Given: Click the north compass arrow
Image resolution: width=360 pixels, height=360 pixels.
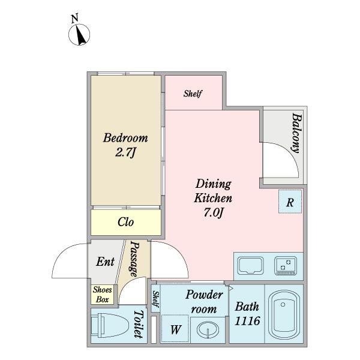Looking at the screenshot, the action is coord(81,36).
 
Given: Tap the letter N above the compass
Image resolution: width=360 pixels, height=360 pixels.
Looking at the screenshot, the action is coord(74,19).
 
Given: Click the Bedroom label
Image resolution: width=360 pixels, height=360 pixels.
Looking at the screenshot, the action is coord(125,138).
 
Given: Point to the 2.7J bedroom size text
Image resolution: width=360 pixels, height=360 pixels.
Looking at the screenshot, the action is coord(126,152).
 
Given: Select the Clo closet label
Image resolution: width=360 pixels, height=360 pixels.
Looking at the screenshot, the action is coord(125,222).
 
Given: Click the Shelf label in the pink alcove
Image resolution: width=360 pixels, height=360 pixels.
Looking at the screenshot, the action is coord(193,94).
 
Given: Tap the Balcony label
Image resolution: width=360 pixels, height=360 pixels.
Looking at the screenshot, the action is coord(297,133).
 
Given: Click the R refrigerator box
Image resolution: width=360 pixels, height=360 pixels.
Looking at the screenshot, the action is coord(290,202).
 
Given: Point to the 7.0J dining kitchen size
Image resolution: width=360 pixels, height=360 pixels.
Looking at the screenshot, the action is coord(214,213).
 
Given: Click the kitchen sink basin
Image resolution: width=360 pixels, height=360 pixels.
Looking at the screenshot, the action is coord(250,266).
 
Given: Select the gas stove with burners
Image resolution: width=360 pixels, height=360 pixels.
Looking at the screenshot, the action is coord(286,266).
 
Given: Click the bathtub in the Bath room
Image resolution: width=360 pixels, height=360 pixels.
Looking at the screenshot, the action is coord(284,314).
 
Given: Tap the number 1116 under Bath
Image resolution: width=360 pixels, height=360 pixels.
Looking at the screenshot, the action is coord(247,321).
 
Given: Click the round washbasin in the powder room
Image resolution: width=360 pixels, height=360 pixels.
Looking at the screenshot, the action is coord(208,329).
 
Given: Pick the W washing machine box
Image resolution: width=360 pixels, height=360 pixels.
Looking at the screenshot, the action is coord(175,329).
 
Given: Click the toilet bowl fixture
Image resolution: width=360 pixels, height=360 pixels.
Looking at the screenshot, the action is coord(110,326).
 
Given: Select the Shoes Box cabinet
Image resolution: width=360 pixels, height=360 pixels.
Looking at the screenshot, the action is coord(103,295).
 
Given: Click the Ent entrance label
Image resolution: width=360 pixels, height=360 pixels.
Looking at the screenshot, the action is coord(105,262).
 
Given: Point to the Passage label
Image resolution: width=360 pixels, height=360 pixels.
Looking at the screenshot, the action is coord(134,259).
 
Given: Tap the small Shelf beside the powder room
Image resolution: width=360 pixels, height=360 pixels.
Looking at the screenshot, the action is coord(155,299).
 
